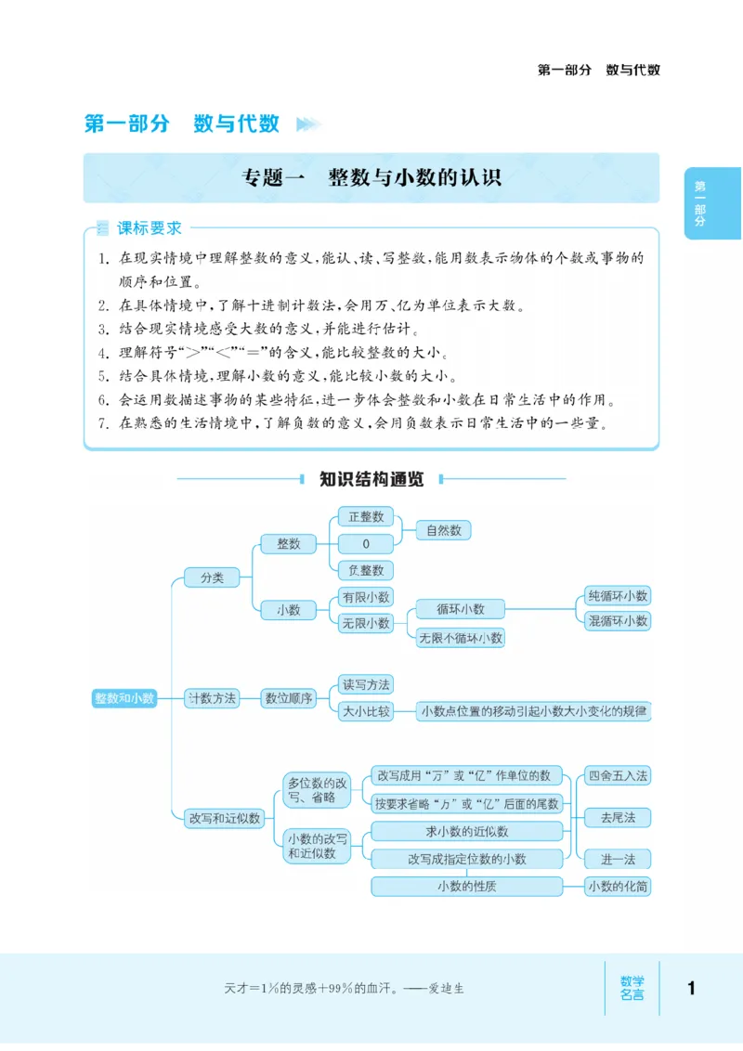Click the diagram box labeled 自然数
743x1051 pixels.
tap(443, 530)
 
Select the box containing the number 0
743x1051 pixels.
tap(366, 543)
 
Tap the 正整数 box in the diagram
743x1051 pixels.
tap(366, 517)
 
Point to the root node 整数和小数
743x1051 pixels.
tap(124, 698)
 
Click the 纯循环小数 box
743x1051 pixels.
tap(618, 596)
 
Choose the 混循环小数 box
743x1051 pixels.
tap(618, 621)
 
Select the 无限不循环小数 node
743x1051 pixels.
tap(460, 638)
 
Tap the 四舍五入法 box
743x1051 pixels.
tap(618, 775)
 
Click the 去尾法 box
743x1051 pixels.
tap(618, 818)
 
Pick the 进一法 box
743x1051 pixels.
tap(618, 859)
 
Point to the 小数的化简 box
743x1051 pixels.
tap(618, 887)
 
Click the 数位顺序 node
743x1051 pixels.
tap(289, 698)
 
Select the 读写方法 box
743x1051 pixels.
tap(366, 685)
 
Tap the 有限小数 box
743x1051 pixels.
tap(366, 597)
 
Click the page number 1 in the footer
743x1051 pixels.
tap(691, 988)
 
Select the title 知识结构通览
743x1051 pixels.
tap(371, 479)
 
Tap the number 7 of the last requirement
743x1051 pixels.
tap(103, 423)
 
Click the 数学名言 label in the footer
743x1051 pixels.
tap(632, 988)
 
